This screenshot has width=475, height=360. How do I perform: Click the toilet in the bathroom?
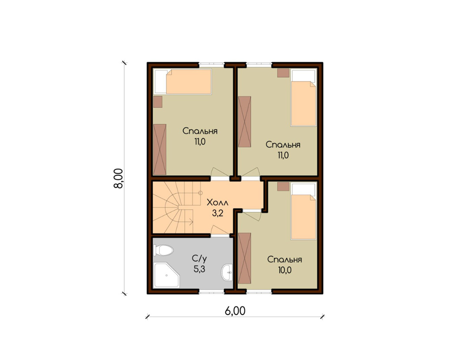[163, 250]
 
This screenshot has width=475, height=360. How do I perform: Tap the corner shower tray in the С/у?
[166, 275]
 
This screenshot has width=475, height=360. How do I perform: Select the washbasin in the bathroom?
[227, 272]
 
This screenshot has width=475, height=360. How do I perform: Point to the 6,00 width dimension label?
[235, 311]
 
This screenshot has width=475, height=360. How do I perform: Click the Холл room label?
[217, 202]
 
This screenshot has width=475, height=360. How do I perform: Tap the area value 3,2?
[217, 213]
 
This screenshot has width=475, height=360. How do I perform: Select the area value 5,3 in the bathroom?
[199, 269]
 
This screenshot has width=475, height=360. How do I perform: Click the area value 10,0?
[285, 269]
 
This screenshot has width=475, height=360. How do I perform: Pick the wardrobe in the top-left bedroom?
[160, 149]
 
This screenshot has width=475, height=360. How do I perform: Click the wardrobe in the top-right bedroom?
[244, 122]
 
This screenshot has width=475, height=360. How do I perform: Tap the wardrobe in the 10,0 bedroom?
[244, 258]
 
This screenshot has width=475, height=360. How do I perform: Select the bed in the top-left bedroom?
[183, 81]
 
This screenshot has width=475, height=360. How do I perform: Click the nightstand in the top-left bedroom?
[158, 102]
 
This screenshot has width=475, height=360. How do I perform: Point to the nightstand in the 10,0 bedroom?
[283, 186]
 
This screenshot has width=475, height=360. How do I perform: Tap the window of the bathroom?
[211, 291]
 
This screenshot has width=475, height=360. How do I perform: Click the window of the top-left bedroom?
[211, 64]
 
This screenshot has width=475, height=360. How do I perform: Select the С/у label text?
[199, 258]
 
